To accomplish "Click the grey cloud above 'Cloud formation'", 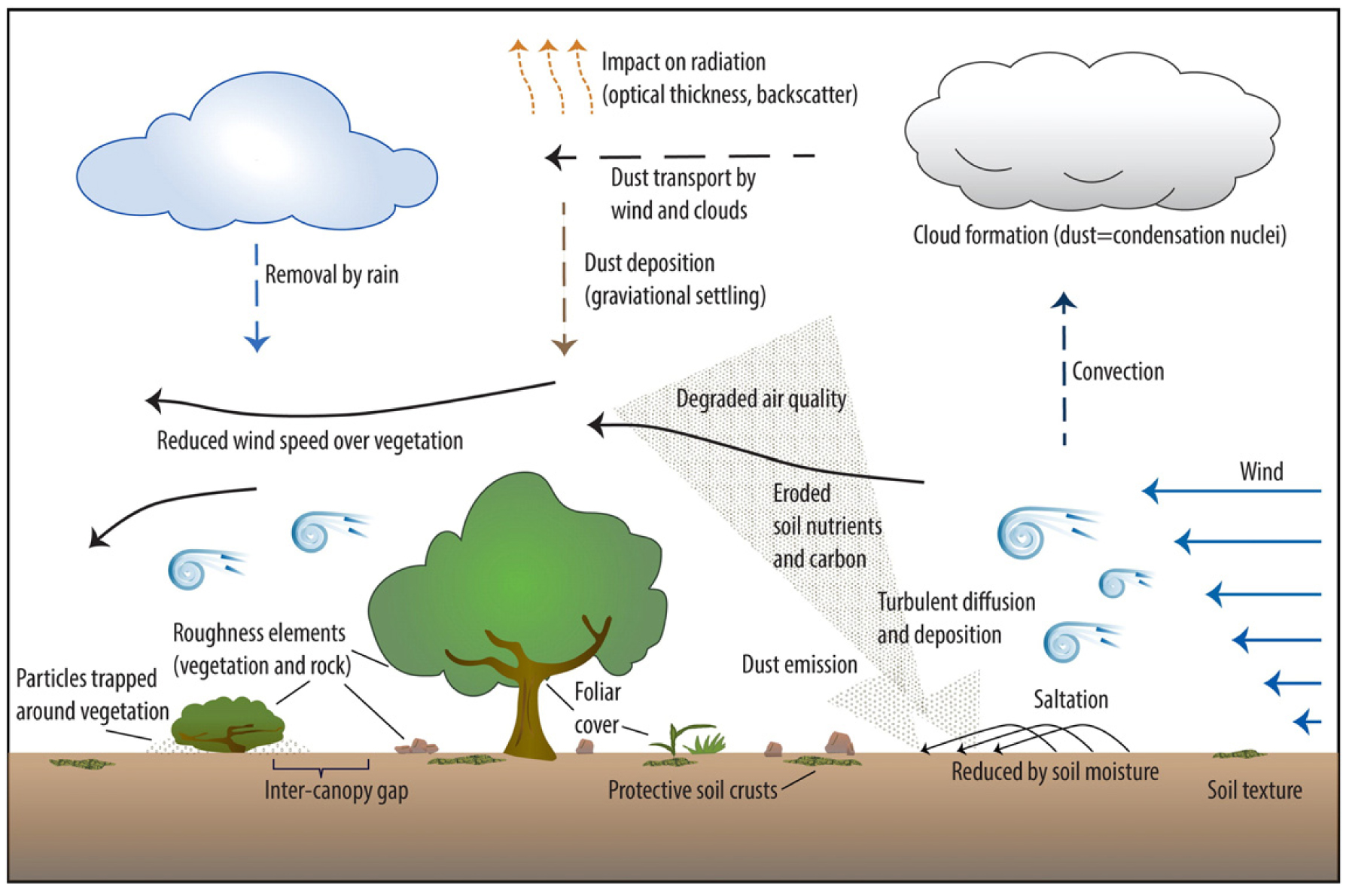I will [x=1092, y=136].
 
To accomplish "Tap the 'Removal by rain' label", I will [x=331, y=275].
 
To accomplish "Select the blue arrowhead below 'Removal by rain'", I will [x=257, y=343].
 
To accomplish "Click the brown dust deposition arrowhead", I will [x=564, y=346].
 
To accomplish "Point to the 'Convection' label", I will [x=1117, y=371].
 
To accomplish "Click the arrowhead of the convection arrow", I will [x=1063, y=302].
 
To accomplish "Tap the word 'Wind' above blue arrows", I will [x=1261, y=472].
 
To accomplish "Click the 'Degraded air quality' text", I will [x=760, y=398].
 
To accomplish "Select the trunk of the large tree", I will [x=531, y=715].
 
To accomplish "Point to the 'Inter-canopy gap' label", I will [x=336, y=791].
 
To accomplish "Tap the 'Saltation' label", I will [x=1070, y=700].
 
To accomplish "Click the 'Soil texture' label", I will [x=1254, y=790].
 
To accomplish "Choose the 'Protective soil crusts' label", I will [x=692, y=790].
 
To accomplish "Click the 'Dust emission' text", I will [x=799, y=664].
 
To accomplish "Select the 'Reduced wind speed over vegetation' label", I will [x=309, y=440].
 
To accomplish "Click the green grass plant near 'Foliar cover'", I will [x=689, y=739].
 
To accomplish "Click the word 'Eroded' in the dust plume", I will [x=801, y=494].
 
